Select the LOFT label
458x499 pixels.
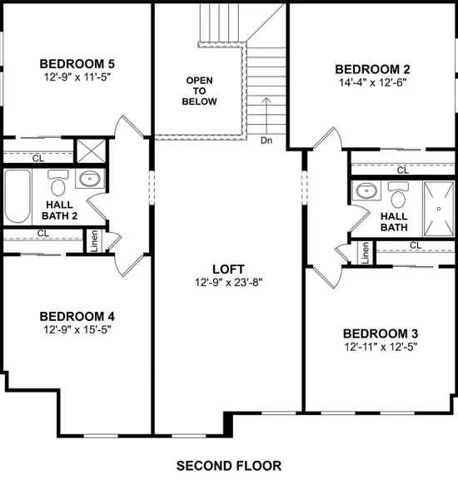click(228, 269)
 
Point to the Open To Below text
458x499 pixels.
click(202, 91)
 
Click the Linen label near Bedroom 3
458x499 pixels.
click(365, 252)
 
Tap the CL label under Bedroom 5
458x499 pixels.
click(37, 157)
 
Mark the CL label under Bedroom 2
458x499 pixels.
click(402, 170)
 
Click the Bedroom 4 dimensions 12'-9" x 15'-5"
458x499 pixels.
click(76, 330)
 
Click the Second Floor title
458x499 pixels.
click(229, 466)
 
